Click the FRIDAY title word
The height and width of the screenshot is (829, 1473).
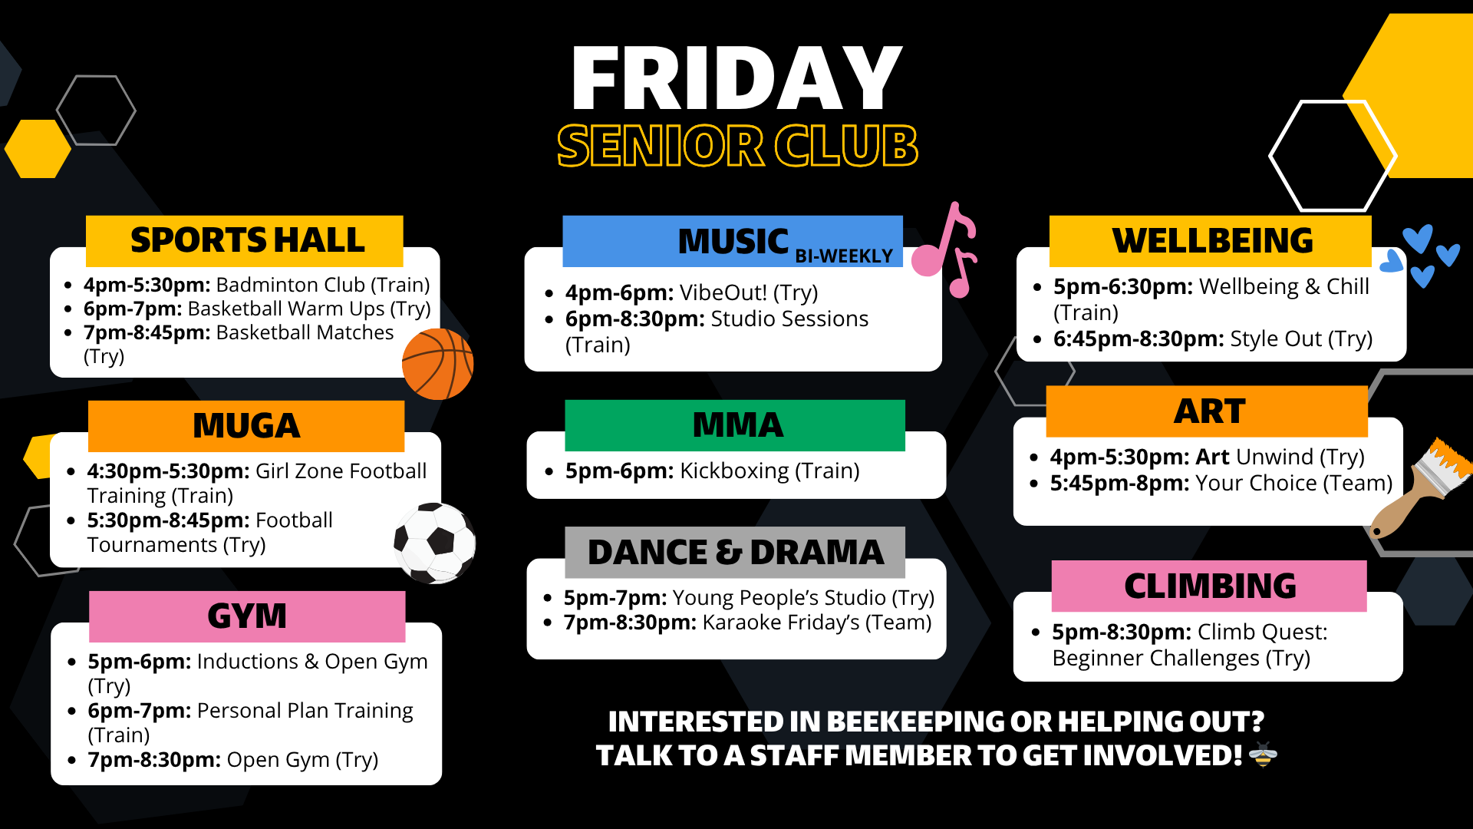point(736,78)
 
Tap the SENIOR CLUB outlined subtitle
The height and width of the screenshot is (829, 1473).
point(737,146)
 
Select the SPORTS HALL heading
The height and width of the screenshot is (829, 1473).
point(247,240)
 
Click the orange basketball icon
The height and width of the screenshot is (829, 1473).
point(437,364)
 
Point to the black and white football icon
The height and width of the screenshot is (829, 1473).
point(434,543)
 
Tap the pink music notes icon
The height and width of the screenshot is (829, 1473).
point(945,249)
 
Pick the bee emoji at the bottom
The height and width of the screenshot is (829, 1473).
point(1263,755)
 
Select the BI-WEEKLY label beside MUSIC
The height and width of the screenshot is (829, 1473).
point(844,256)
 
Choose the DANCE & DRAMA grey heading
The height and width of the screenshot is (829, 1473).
point(735,552)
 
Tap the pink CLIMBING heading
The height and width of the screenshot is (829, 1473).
point(1209,586)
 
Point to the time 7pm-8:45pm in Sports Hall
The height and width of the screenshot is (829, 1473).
point(147,332)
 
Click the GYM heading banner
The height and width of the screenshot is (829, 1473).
point(247,616)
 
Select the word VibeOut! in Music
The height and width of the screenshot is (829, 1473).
point(723,292)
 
